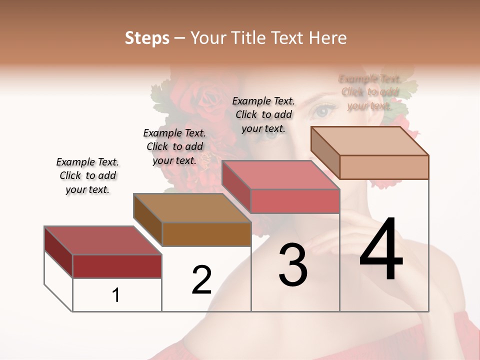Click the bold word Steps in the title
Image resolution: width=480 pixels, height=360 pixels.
click(147, 38)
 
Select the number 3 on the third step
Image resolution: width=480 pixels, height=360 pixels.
click(292, 265)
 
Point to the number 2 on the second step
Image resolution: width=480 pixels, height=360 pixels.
click(201, 280)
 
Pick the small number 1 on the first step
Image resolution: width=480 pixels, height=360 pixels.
click(116, 295)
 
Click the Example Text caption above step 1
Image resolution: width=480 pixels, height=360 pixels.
click(87, 175)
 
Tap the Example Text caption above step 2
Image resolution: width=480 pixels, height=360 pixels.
click(174, 146)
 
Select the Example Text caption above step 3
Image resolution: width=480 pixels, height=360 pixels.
click(263, 114)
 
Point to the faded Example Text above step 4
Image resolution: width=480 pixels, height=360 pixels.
click(369, 92)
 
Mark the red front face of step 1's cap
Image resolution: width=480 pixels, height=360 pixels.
click(117, 266)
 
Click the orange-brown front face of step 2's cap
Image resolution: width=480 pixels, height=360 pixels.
click(206, 234)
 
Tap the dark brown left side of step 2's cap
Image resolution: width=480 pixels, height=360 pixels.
click(147, 220)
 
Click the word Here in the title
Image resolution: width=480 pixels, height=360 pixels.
click(328, 38)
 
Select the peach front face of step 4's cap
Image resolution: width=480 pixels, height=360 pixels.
click(384, 167)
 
